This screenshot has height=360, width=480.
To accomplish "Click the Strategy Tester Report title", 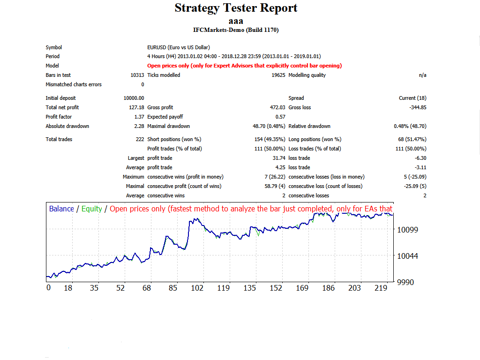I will click(236, 8).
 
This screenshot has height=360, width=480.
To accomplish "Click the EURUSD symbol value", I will click(178, 47).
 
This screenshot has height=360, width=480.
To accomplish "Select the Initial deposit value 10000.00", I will click(134, 98).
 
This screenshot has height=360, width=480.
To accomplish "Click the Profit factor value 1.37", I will click(139, 117).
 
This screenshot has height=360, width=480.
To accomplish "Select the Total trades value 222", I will click(140, 139).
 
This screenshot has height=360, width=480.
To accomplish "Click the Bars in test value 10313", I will click(137, 75).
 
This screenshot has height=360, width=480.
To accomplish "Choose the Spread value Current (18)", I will click(412, 98).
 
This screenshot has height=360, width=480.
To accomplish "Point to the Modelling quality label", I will click(307, 75).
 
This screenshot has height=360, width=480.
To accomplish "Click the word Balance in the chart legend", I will click(61, 209).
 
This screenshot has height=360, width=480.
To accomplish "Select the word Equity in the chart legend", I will click(91, 209).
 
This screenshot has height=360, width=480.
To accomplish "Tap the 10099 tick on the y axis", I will click(407, 230).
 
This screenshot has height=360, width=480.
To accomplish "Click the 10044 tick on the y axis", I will click(407, 256).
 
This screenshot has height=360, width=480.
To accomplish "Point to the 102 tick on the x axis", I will click(197, 288).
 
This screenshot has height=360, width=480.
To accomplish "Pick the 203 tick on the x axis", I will click(354, 288).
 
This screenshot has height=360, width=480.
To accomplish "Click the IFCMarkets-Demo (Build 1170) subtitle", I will click(236, 30).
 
